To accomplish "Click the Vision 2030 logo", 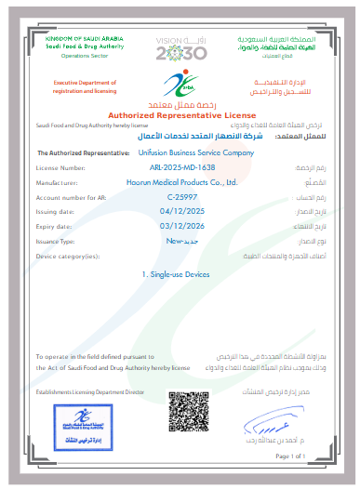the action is (x=180, y=48).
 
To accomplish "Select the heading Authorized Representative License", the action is (x=180, y=113).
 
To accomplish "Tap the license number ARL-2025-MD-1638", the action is (x=180, y=167).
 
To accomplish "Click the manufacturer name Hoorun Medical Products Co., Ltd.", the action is (x=180, y=183).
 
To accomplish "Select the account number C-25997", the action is (x=180, y=198).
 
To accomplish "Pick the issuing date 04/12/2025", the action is (x=180, y=212).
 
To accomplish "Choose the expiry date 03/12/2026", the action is (x=180, y=225).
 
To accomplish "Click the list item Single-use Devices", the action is (x=180, y=276).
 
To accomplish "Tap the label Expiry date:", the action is (x=54, y=225).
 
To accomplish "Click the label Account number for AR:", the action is (x=70, y=198).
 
